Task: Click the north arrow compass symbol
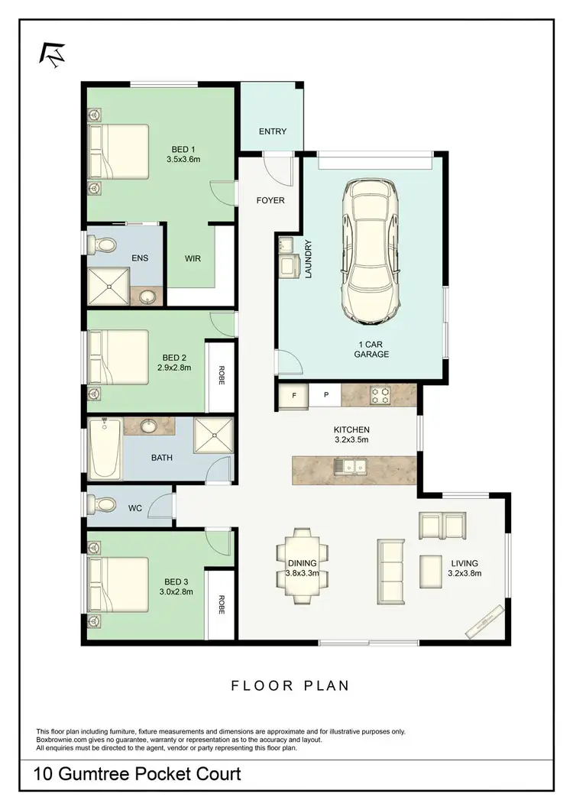coord(53,52)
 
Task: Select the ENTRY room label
coord(273,131)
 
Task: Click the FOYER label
coord(270,201)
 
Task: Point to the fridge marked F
coord(293,395)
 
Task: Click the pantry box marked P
coord(325,395)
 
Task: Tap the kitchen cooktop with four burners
coord(380,395)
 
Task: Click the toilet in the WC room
coord(103,504)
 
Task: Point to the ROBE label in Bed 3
coord(222,605)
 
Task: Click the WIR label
coord(193,258)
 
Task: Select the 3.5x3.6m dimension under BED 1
coord(183,160)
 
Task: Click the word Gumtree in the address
coord(103,774)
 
